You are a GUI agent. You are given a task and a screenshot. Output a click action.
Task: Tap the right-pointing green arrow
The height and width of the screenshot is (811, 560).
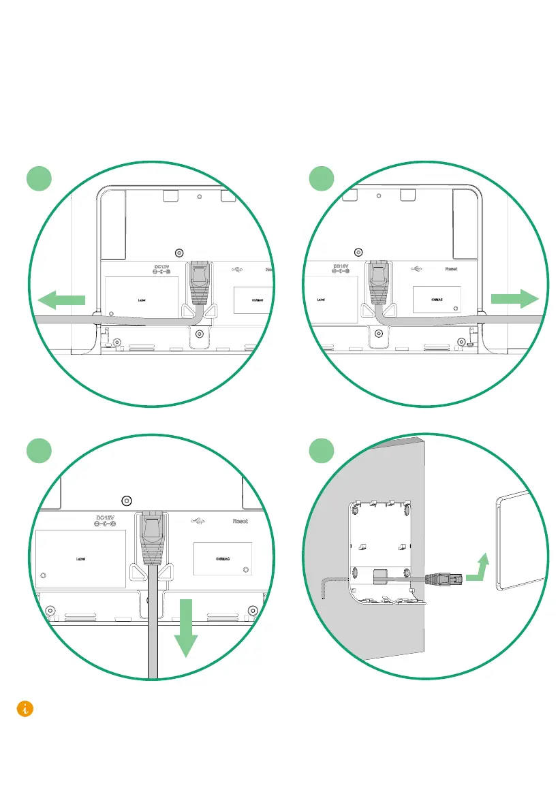tap(514, 298)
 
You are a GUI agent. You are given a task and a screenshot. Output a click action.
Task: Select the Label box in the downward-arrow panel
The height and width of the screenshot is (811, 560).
tap(80, 558)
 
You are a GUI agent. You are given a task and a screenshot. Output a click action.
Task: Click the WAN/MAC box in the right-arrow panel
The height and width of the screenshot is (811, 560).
tap(437, 299)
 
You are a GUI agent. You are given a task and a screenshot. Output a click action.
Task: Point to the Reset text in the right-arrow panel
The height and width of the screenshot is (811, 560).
tap(451, 269)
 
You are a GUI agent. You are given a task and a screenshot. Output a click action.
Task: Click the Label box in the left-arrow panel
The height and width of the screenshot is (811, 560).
tap(142, 299)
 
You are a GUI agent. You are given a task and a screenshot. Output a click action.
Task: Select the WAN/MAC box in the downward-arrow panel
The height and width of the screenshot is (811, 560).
tap(223, 559)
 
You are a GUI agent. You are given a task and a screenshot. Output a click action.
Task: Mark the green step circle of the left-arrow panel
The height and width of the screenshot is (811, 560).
tap(40, 180)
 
